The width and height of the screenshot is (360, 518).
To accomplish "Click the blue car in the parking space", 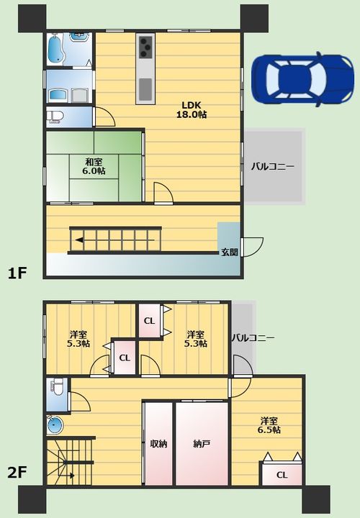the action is (302, 80).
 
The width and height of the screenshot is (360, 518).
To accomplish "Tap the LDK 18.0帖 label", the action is (192, 109).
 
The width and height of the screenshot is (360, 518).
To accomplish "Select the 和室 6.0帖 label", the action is (94, 166).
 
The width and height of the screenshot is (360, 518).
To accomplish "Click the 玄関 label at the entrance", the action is (230, 253).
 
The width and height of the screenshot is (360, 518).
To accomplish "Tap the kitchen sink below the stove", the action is (145, 89).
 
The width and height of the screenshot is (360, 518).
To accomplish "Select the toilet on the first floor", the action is (55, 117).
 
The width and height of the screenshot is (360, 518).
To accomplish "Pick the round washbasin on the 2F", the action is (55, 425).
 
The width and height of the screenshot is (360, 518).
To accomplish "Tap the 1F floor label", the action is (17, 273).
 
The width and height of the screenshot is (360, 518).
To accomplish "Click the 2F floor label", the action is (17, 473).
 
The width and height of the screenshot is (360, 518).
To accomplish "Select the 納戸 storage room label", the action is (202, 444).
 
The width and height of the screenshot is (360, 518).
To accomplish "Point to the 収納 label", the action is (158, 444).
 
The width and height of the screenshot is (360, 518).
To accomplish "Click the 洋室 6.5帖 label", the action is (269, 425).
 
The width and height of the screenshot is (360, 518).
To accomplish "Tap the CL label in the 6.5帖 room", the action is (282, 475).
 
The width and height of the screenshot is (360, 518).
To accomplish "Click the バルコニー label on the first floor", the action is (272, 166).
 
